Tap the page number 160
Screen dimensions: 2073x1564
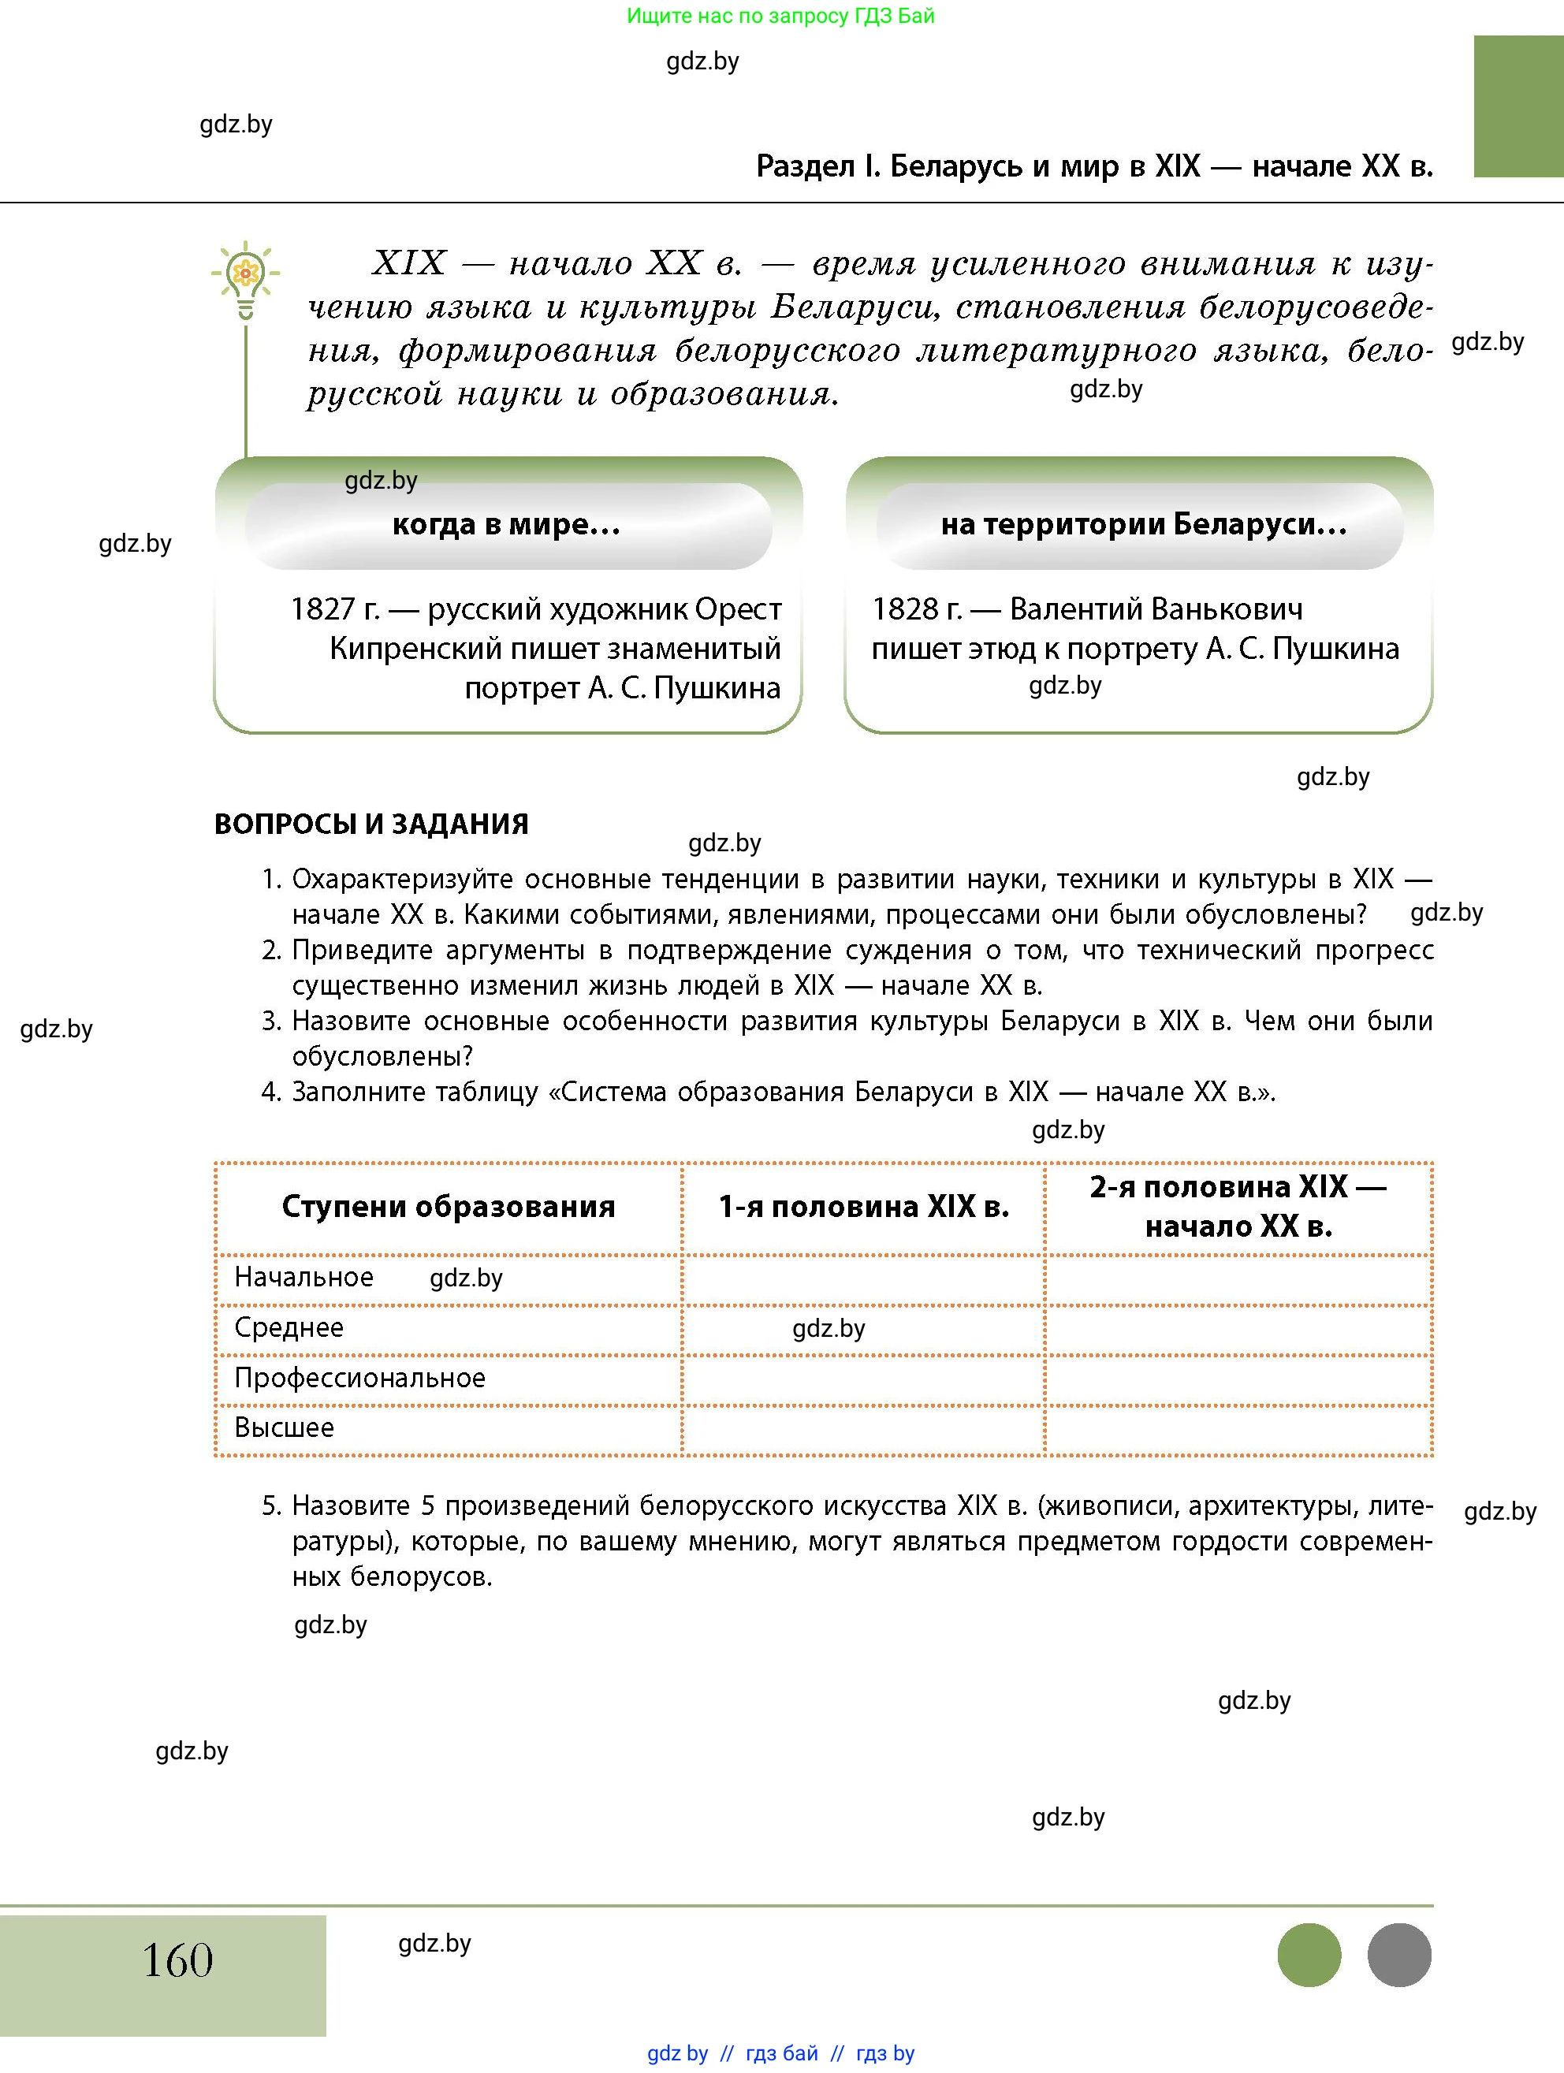pyautogui.click(x=177, y=1959)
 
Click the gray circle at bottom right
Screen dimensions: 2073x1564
pyautogui.click(x=1398, y=1954)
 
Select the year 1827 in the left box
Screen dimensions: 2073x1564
pyautogui.click(x=322, y=609)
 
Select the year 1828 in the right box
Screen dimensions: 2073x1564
pyautogui.click(x=903, y=609)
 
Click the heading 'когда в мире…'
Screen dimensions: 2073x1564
pyautogui.click(x=506, y=524)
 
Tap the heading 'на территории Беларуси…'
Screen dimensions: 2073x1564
pyautogui.click(x=1143, y=524)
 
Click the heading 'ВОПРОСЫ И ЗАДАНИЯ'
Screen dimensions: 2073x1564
pyautogui.click(x=371, y=824)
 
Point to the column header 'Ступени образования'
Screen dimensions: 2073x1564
pyautogui.click(x=448, y=1206)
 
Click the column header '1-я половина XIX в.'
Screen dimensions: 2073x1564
pyautogui.click(x=863, y=1206)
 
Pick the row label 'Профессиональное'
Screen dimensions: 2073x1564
pyautogui.click(x=359, y=1378)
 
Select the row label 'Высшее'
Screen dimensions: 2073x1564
pyautogui.click(x=284, y=1427)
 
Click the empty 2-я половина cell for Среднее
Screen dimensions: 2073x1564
pyautogui.click(x=1238, y=1329)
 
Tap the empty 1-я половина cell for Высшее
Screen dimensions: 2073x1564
pyautogui.click(x=863, y=1430)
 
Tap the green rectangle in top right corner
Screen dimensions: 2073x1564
pyautogui.click(x=1518, y=106)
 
